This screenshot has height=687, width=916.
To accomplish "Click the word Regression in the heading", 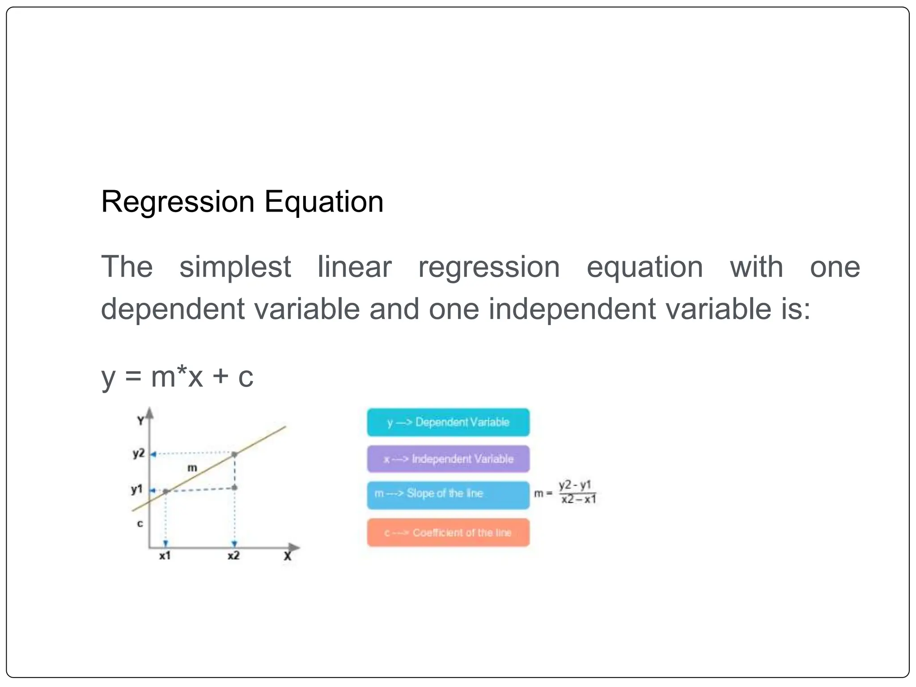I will [178, 202].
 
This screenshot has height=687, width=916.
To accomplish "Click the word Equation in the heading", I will [324, 202].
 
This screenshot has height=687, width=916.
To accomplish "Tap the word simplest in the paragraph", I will [235, 267].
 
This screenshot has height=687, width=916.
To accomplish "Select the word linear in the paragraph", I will [354, 267].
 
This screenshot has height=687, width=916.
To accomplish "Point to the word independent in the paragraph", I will [572, 309].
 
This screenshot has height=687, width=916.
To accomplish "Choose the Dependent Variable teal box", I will [448, 422].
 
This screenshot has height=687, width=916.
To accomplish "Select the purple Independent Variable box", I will [448, 459].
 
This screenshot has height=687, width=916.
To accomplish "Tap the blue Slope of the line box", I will [448, 495].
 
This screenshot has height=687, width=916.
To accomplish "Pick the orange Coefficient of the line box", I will [448, 533].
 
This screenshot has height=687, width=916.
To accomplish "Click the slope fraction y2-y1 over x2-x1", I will [577, 492].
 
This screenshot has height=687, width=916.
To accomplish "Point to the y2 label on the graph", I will [139, 454].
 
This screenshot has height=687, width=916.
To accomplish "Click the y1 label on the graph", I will [137, 489].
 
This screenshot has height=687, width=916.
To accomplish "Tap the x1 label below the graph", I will [165, 556].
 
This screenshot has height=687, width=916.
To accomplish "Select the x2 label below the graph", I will [233, 556].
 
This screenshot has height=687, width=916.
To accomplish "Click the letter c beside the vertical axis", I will [140, 524].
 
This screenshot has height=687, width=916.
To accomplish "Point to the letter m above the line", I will [192, 468].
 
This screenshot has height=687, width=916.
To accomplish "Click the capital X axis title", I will [288, 556].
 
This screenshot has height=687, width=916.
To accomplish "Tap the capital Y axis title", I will [141, 421].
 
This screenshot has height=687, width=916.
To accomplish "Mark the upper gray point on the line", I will [235, 454].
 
